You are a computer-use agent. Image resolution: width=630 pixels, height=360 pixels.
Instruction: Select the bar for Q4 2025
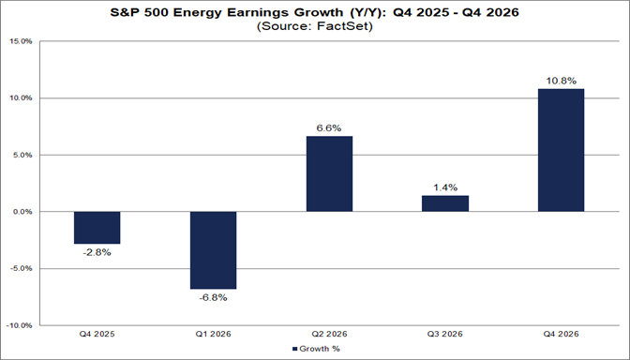point(97,228)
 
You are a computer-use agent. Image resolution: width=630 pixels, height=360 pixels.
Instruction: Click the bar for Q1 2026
point(213,250)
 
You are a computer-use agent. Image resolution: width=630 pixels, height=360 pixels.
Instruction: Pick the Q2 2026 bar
point(329,174)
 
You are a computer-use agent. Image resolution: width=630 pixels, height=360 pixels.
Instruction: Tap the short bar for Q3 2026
point(445,203)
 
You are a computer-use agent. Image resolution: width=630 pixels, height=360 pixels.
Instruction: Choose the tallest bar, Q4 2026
point(562,150)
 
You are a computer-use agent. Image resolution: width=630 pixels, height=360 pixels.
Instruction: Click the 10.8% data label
point(562,79)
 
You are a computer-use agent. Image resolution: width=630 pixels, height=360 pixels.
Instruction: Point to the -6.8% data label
point(213,298)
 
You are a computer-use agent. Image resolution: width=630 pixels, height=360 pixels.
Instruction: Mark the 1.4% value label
point(445,187)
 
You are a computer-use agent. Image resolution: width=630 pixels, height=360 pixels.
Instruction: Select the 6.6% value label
point(329,127)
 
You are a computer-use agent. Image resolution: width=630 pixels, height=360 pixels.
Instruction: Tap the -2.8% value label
point(97,252)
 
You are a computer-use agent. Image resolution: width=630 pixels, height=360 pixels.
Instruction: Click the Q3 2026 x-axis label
point(445,335)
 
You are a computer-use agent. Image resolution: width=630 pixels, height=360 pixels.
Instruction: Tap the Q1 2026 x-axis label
point(213,335)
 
